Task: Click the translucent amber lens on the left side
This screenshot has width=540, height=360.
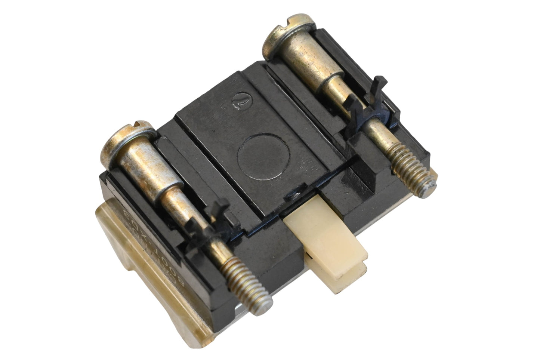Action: [123, 239]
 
